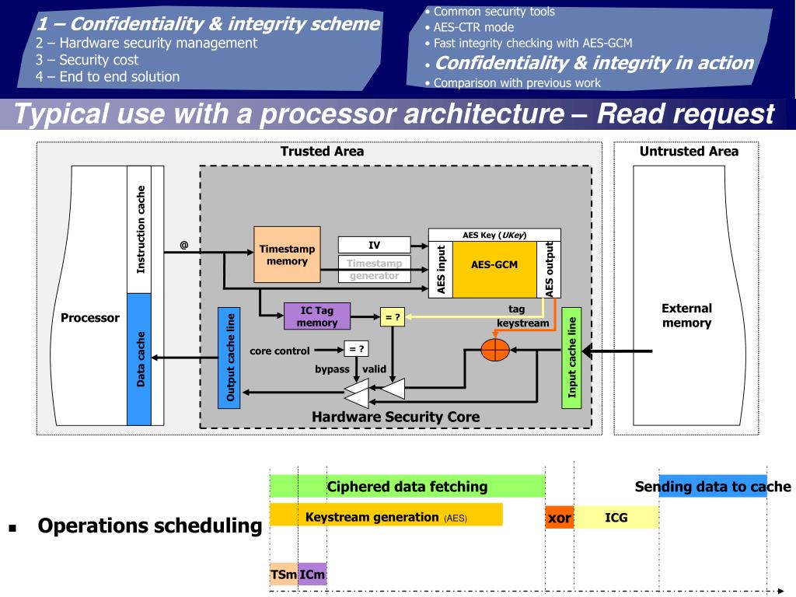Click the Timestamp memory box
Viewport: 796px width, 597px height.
click(x=287, y=254)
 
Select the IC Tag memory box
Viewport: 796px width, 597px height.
click(x=316, y=316)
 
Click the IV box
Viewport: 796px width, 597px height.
click(x=374, y=246)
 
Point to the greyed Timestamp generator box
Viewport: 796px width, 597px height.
click(x=374, y=269)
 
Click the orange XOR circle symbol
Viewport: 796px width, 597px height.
click(x=494, y=350)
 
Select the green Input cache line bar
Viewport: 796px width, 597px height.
click(x=571, y=357)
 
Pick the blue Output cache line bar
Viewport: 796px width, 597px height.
click(x=230, y=358)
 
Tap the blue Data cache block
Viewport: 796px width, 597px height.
click(x=139, y=358)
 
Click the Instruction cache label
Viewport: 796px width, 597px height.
click(x=140, y=229)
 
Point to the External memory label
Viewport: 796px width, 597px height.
click(x=686, y=316)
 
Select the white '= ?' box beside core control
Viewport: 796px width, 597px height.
click(x=356, y=349)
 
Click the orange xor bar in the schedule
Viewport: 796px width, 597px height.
click(x=559, y=517)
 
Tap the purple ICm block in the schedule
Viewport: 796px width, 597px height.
click(x=312, y=574)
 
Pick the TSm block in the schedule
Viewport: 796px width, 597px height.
click(x=283, y=574)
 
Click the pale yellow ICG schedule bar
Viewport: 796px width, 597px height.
click(x=616, y=517)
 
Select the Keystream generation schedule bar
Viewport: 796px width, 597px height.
click(x=386, y=515)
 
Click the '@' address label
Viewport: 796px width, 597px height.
click(x=184, y=245)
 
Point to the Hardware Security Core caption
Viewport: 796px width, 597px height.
click(x=396, y=417)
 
